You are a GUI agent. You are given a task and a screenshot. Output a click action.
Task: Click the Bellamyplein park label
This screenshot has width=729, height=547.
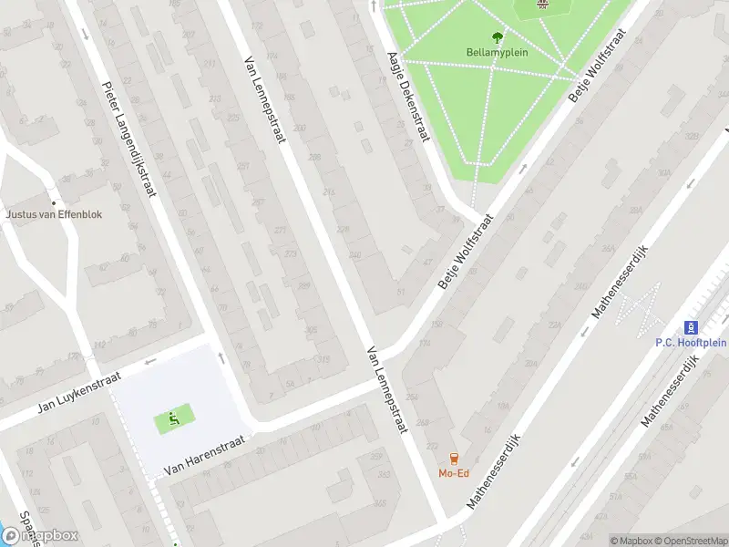(498, 52)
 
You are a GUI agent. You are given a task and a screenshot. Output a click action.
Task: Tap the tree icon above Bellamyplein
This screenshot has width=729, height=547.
(498, 37)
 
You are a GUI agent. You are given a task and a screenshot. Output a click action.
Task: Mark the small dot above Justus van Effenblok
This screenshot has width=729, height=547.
(54, 202)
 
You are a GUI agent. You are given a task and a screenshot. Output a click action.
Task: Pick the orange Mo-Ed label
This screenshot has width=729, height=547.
(454, 473)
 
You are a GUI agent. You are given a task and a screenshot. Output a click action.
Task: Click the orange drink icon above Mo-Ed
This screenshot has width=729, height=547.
(454, 459)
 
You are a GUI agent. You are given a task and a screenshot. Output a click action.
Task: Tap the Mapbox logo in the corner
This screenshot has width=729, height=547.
(40, 536)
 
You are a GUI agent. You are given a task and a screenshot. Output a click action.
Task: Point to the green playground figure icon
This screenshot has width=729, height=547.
(173, 418)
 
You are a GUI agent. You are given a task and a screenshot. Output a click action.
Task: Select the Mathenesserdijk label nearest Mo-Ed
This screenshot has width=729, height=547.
(493, 470)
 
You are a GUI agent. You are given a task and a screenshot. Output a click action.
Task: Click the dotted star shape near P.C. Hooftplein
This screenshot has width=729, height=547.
(642, 307)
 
